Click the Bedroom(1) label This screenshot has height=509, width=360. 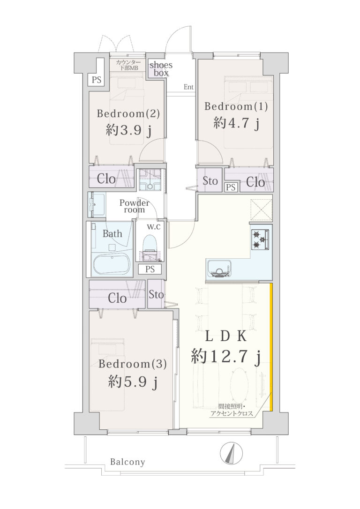click(236, 106)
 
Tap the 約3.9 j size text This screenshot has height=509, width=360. click(128, 130)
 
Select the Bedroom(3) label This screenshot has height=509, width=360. click(133, 364)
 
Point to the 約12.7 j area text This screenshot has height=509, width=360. click(226, 358)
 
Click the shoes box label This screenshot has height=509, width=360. click(161, 69)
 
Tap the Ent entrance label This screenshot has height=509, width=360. click(188, 87)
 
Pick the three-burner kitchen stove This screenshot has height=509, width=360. click(260, 239)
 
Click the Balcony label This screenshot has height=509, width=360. click(127, 462)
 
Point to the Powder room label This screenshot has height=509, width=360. click(135, 206)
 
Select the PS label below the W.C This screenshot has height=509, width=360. click(150, 269)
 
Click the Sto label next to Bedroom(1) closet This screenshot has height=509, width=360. click(210, 181)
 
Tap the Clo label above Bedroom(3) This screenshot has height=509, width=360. click(117, 298)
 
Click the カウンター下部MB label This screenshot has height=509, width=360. click(128, 65)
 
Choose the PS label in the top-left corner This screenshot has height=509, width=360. click(97, 80)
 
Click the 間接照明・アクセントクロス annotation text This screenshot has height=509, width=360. click(232, 410)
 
